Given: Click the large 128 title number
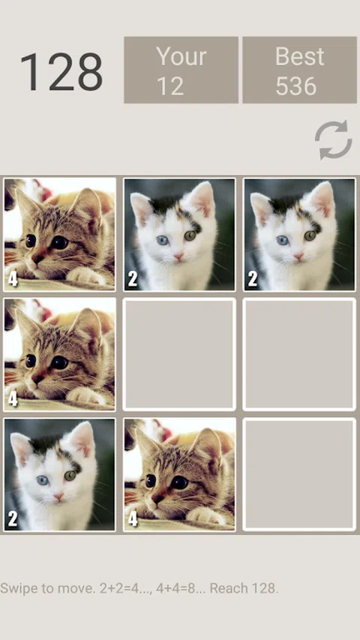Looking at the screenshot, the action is pos(61,72).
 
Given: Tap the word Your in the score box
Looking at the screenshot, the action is pos(181,56).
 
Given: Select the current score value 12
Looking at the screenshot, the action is pos(170,86).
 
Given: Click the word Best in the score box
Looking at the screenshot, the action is pos(299,56).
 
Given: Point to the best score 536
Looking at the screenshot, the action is pos(296,86).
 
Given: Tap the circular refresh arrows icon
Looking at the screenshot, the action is pos(334,140).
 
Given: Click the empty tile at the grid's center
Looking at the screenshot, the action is pos(179,354).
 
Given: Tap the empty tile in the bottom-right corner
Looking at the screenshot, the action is pos(299,475).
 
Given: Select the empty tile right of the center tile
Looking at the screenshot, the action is pos(299,354).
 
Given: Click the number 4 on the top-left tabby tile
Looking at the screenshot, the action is pos(13,279).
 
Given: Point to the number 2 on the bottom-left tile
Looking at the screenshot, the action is pos(13,519).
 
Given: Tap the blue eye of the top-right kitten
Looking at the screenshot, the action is pos(283,240).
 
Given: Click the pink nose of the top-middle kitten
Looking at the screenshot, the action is pos(178,256).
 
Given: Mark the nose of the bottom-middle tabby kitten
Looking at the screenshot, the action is pos(157,498).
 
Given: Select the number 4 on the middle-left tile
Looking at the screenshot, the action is pos(13,399).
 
